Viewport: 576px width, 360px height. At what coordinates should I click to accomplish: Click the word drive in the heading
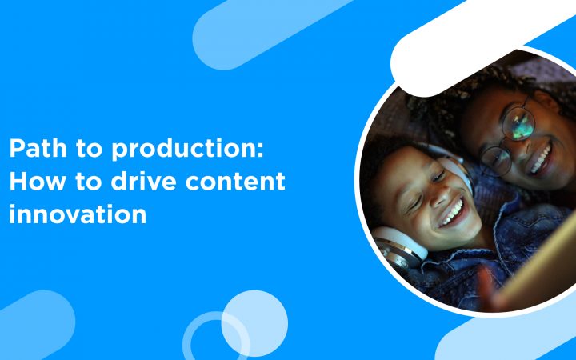(144, 180)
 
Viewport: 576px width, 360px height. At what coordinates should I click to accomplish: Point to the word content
(235, 181)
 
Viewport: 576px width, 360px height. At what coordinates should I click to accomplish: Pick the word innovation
(78, 213)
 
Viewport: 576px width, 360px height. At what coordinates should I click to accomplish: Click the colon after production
(260, 150)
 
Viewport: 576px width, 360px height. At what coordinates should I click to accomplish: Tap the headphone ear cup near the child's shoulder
(398, 247)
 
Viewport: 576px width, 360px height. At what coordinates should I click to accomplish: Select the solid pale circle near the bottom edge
(254, 323)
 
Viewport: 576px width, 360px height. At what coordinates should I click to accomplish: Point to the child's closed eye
(415, 205)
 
